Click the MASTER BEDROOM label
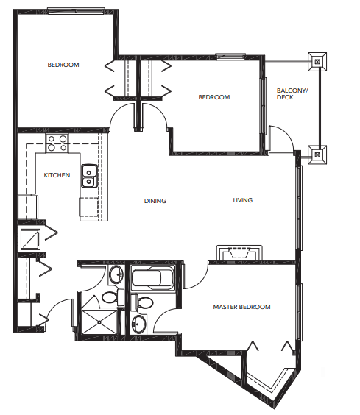click(x=241, y=307)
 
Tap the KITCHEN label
click(x=57, y=175)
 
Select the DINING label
click(x=155, y=201)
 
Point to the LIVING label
click(x=243, y=200)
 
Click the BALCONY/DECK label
click(x=292, y=94)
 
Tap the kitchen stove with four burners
click(x=57, y=143)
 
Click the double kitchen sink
click(x=89, y=176)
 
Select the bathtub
click(x=153, y=278)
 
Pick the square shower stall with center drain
click(x=99, y=322)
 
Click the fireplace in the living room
click(x=239, y=253)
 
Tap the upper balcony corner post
click(x=317, y=62)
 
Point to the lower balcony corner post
click(x=317, y=155)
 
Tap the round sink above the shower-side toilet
click(x=116, y=274)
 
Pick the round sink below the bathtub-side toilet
click(x=139, y=324)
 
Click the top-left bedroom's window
click(x=76, y=10)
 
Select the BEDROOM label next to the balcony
click(x=214, y=97)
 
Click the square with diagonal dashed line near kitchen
click(x=30, y=239)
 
